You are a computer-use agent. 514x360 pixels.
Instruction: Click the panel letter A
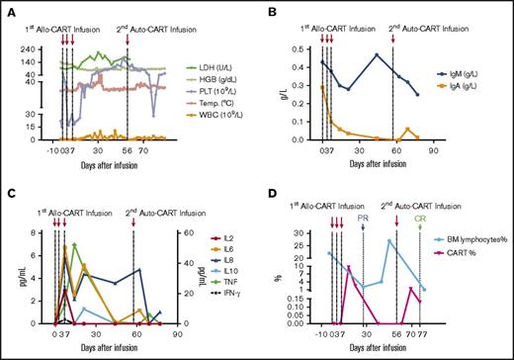click(9, 9)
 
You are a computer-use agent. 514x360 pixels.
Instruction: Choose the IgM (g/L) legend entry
click(466, 74)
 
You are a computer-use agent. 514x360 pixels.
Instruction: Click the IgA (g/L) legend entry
click(466, 88)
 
